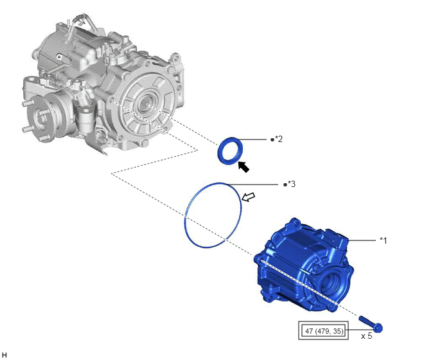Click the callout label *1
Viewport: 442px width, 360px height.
(x=384, y=240)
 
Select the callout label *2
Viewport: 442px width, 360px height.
(x=279, y=139)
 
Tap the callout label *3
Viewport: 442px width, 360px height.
(x=292, y=184)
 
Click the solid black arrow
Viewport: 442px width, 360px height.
(x=243, y=166)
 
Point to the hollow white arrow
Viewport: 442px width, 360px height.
(x=249, y=197)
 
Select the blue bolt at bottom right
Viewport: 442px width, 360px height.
(x=371, y=324)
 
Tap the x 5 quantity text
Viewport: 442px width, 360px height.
(x=366, y=336)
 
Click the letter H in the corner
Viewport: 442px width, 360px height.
(x=4, y=355)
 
